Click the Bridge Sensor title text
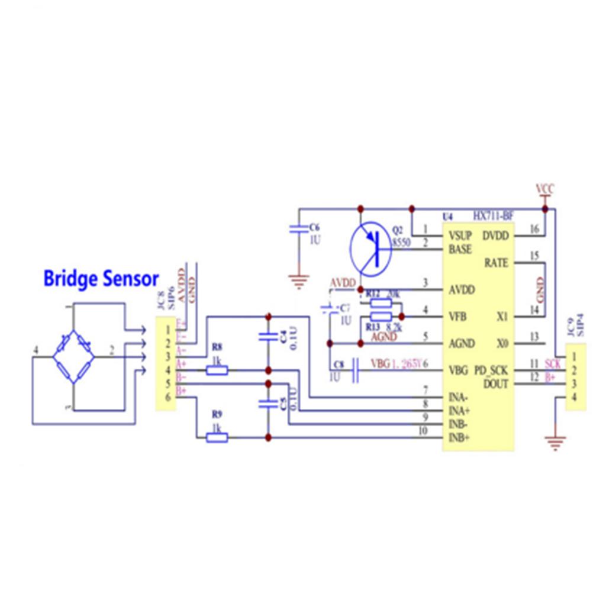101,278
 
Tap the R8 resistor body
217,370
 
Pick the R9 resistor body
217,437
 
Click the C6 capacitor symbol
298,229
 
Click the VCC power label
545,189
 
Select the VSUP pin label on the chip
460,236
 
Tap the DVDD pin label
496,236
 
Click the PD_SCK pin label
491,371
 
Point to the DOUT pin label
496,383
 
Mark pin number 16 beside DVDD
534,230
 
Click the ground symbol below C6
298,278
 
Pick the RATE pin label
496,262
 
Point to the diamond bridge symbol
73,357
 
